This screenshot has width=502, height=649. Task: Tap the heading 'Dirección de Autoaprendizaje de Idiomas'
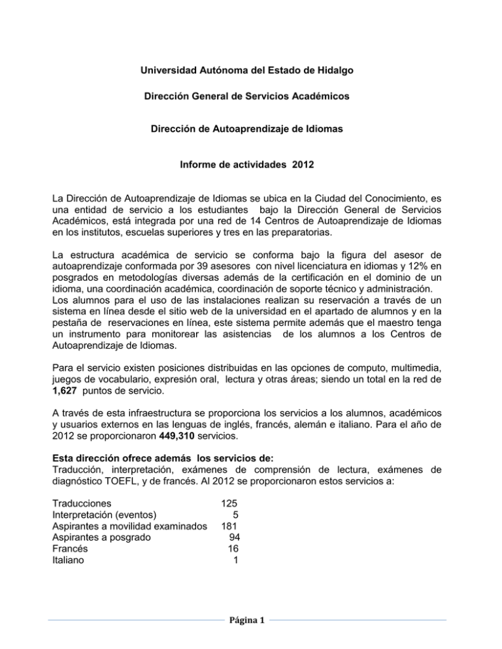click(x=251, y=129)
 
